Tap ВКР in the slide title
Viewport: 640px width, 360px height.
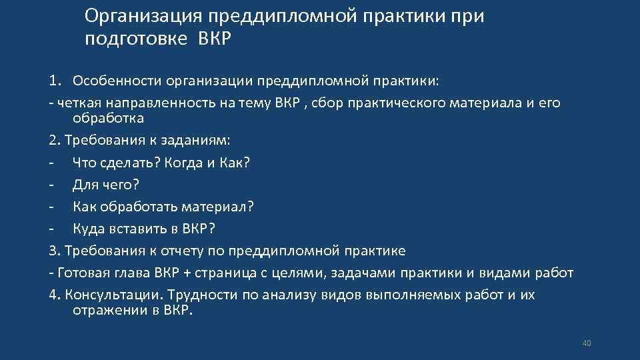click(x=214, y=39)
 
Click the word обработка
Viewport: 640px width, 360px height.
click(x=108, y=118)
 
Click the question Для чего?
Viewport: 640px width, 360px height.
click(x=106, y=184)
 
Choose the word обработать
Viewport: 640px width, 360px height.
click(x=136, y=207)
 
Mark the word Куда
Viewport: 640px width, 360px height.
click(x=89, y=229)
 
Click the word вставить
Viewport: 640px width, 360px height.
click(x=137, y=229)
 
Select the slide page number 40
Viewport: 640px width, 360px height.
click(x=587, y=343)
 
